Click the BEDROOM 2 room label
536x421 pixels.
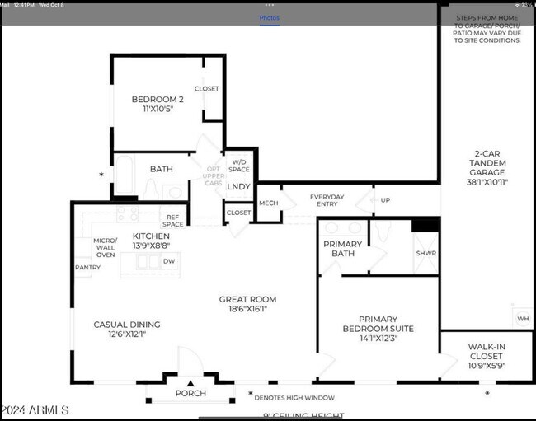click(158, 100)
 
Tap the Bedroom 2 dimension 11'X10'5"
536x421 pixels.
click(158, 109)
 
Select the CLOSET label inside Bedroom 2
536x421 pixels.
click(206, 89)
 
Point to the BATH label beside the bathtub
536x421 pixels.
click(161, 169)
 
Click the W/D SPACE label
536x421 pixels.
click(240, 165)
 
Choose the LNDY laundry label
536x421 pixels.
click(239, 186)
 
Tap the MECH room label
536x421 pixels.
click(269, 203)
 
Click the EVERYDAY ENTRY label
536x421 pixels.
click(327, 201)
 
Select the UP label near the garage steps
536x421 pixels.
click(385, 200)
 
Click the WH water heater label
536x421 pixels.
click(522, 319)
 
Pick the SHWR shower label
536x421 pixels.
click(426, 254)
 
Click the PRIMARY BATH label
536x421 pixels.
click(342, 249)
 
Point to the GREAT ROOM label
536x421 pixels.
click(247, 304)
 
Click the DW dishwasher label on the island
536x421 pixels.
click(169, 261)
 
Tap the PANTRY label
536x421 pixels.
click(87, 268)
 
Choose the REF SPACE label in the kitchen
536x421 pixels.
click(172, 221)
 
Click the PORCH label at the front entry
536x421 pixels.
click(190, 394)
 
